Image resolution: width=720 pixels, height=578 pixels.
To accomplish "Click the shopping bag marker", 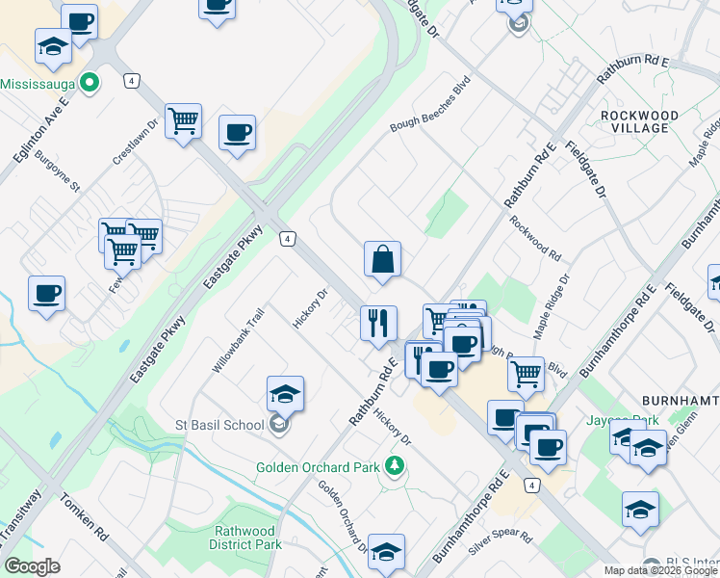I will [382, 260].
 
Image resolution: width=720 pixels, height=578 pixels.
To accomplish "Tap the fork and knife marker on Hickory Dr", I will [378, 323].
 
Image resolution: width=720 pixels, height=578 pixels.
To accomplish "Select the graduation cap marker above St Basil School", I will [285, 395].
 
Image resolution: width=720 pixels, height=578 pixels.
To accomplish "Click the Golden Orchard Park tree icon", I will [393, 467].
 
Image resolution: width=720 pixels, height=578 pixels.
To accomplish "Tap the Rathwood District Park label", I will [247, 538].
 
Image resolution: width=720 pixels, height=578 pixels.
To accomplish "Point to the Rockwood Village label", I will [633, 121].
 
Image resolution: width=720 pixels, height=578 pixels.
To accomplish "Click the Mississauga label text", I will [37, 83].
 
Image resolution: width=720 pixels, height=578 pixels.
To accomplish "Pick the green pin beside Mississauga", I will [90, 83].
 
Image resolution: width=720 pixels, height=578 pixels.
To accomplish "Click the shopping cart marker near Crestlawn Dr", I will [183, 122].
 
